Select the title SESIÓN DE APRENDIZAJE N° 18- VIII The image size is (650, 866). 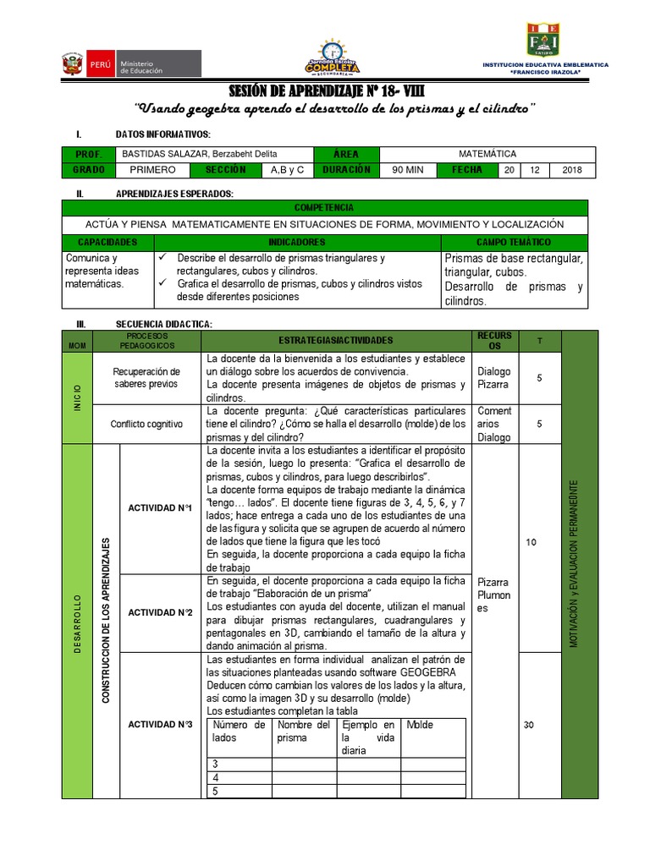(325, 90)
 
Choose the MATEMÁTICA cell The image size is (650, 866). (487, 154)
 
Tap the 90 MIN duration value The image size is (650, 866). (409, 170)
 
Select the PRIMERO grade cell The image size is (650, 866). (152, 170)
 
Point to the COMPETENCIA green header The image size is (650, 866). (324, 208)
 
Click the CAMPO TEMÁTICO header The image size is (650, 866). (513, 242)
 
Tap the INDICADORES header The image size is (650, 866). (296, 242)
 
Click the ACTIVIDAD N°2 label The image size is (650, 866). (160, 612)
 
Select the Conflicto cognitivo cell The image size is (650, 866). (147, 425)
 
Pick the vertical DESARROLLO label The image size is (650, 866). (78, 622)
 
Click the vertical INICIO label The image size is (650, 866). (78, 398)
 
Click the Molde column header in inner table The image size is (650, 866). (420, 725)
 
